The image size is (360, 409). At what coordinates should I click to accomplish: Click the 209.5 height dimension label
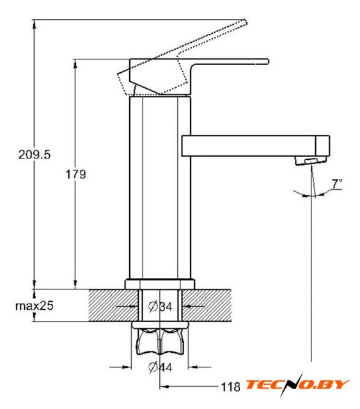(34, 155)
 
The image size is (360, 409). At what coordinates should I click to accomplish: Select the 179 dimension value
(75, 174)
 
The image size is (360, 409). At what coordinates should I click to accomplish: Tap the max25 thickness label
(34, 305)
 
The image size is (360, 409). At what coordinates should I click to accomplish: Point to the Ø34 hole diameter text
(160, 306)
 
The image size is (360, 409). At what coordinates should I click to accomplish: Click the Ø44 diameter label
(160, 367)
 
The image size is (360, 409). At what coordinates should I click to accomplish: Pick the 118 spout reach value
(230, 387)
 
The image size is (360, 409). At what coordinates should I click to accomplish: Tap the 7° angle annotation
(337, 183)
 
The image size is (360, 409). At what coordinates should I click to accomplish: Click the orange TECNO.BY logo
(297, 385)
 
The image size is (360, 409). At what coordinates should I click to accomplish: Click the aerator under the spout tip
(311, 160)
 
